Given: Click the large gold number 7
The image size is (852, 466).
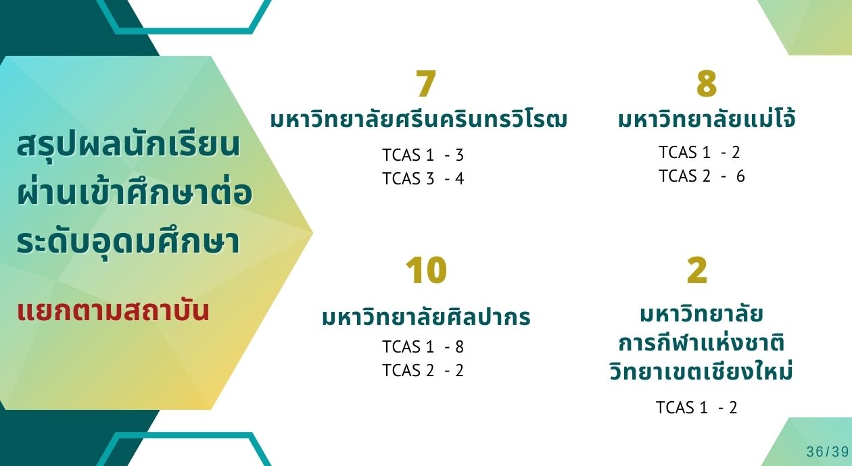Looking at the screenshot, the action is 425,83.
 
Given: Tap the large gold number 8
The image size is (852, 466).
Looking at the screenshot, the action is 707,83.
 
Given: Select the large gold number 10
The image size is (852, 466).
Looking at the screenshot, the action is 426,270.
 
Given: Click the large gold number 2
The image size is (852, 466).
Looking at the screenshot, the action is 697,270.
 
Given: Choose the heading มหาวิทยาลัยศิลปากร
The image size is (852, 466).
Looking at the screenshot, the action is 426,316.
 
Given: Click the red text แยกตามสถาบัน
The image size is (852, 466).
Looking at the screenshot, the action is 113,311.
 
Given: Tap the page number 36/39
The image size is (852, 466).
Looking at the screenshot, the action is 828,452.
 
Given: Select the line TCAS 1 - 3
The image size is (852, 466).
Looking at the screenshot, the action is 423,155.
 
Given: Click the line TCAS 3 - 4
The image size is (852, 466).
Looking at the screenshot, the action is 423,178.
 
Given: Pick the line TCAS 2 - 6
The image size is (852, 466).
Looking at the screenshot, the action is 702,176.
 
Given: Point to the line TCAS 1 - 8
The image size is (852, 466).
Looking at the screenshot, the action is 423,346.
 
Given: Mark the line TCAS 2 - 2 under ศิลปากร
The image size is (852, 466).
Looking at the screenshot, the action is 423,370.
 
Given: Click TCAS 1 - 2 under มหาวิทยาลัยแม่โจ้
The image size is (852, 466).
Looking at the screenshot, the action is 699,152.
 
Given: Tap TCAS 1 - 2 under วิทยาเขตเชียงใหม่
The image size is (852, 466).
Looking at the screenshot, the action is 696,407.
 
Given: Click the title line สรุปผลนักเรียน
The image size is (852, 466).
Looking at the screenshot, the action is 128,145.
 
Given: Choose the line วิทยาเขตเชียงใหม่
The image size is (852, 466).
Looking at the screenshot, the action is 701,370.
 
